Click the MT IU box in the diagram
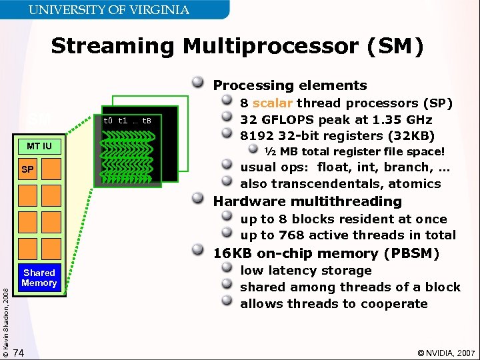point(39,146)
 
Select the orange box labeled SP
point(39,170)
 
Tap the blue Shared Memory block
point(39,278)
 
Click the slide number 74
point(19,352)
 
